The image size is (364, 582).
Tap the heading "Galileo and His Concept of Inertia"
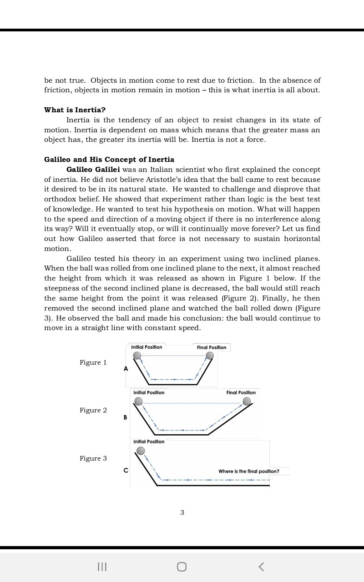tap(109, 160)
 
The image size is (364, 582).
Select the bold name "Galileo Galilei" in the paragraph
tap(93, 170)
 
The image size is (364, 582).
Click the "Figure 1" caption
tap(93, 362)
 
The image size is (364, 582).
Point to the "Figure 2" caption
tap(93, 410)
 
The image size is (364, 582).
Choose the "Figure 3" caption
tap(93, 458)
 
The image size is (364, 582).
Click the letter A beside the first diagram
tap(126, 369)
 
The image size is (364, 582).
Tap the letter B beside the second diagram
tap(126, 417)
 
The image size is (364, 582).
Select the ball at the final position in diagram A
tap(210, 356)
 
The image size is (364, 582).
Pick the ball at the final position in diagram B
tap(247, 401)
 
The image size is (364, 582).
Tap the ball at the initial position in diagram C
tap(141, 451)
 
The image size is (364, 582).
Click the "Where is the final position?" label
tap(249, 471)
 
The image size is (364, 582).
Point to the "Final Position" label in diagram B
tap(241, 392)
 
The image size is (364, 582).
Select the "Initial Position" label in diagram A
tap(147, 347)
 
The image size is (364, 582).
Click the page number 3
tap(182, 512)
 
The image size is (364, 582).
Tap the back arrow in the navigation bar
tap(261, 566)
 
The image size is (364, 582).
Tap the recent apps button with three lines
tap(102, 566)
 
